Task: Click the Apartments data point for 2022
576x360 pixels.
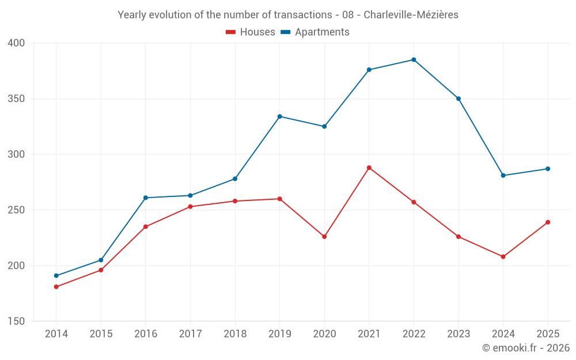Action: pos(414,60)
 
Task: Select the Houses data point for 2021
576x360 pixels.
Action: pos(369,168)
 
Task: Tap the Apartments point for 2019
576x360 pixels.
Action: pos(279,116)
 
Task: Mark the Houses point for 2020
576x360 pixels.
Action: pos(324,237)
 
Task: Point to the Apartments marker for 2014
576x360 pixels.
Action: pos(56,276)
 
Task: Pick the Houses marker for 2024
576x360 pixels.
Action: pos(503,257)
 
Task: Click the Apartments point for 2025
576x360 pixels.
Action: pos(548,169)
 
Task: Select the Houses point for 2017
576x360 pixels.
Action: pos(190,207)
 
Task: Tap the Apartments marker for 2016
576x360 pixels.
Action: pos(145,198)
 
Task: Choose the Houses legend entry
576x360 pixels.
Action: pos(251,32)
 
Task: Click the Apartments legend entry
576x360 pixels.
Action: pos(315,32)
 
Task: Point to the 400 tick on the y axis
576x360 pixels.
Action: pos(17,43)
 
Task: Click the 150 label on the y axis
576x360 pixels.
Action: pos(17,321)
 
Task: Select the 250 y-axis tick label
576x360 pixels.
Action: pos(17,210)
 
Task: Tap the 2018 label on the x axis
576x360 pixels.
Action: pos(235,334)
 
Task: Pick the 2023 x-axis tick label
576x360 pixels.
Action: pos(458,334)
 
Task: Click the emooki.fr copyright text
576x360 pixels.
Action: pos(526,348)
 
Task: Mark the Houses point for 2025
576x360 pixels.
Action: pos(548,222)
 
